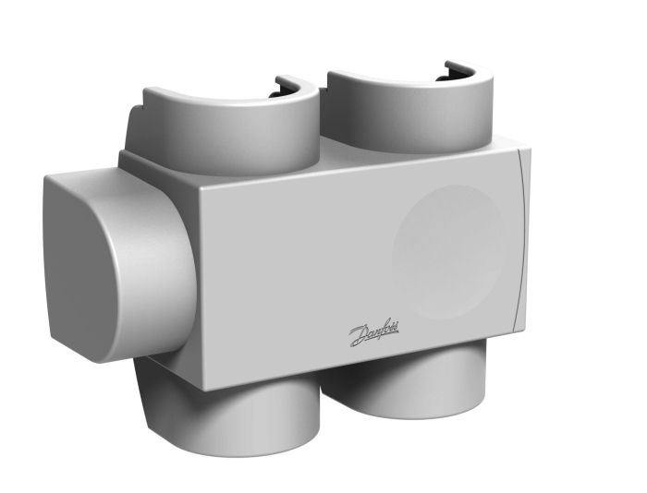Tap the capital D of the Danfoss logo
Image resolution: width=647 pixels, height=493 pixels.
coord(358,335)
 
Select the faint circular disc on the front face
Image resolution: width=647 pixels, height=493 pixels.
coord(448,251)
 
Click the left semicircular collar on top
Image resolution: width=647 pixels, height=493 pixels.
coord(231,124)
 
